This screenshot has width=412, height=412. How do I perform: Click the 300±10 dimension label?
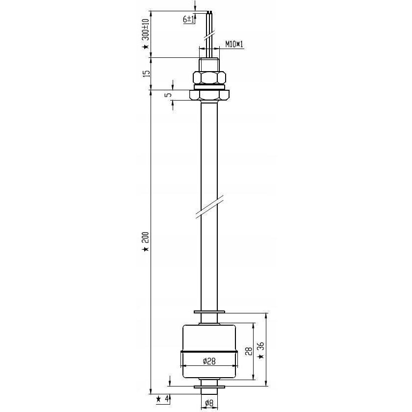tap(145, 29)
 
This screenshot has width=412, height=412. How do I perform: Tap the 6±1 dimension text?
tap(189, 19)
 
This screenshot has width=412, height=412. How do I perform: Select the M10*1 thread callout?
tap(234, 44)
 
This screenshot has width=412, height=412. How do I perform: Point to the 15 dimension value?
tap(148, 73)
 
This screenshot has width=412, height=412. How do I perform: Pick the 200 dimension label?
tap(146, 237)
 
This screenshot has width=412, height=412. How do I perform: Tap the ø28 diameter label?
tap(209, 361)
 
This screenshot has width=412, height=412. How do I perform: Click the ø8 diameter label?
tap(209, 403)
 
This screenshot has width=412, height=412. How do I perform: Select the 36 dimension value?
tap(261, 347)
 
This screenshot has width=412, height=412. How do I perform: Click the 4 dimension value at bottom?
tap(166, 399)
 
